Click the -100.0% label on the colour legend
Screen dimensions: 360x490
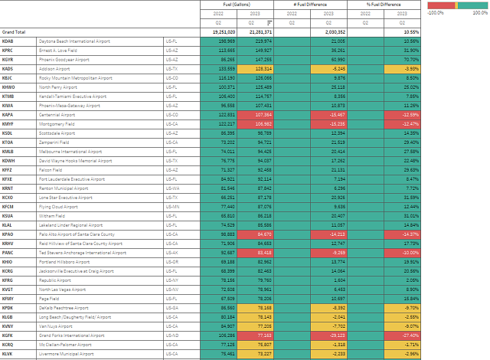pos(436,12)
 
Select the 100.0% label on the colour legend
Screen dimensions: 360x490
pos(479,12)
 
